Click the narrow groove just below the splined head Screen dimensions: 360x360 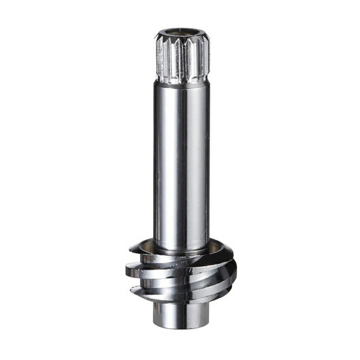tap(182, 81)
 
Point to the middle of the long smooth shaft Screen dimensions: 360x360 tap(181, 162)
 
